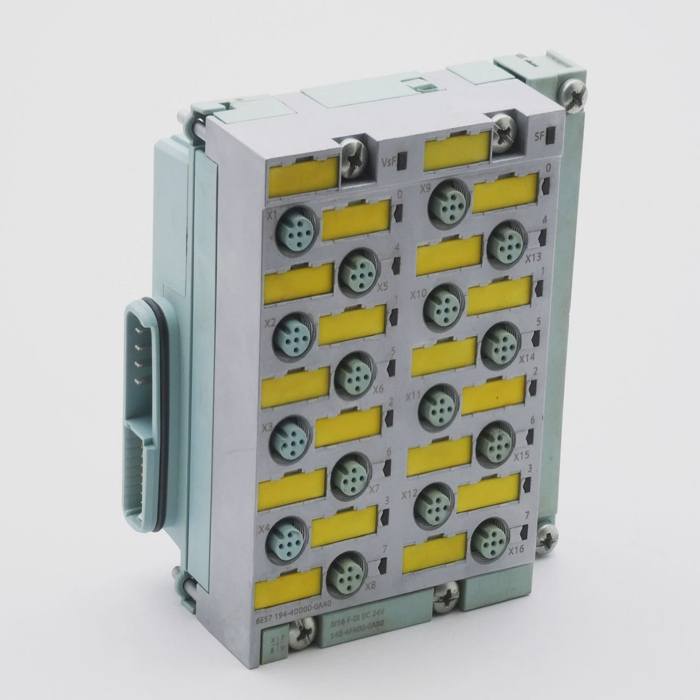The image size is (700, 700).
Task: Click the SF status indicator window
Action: (x=550, y=136)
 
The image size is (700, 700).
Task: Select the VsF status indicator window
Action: (x=401, y=164)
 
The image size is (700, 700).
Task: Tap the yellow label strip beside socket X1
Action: (x=356, y=217)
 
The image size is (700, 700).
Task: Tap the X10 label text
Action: (x=418, y=295)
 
